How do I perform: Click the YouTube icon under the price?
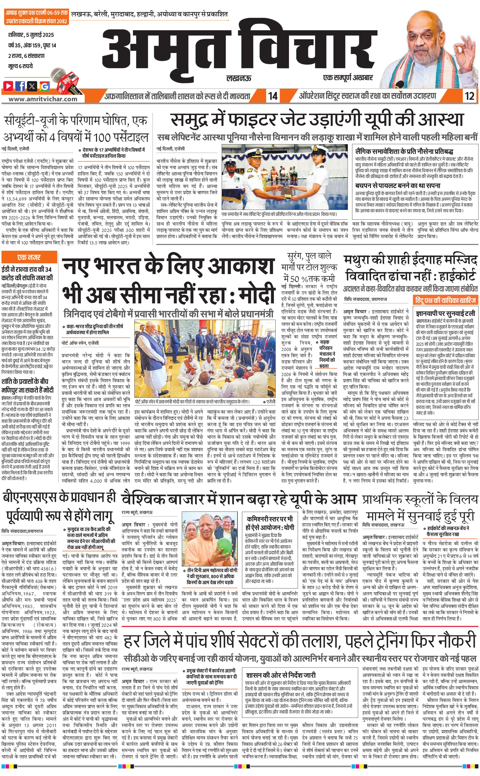coord(8,86)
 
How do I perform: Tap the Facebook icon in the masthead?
coord(20,86)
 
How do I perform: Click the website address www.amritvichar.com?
coord(43,99)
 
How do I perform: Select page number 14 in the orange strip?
coord(273,96)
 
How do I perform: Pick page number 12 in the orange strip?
coord(469,96)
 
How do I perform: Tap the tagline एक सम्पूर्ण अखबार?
coord(348,77)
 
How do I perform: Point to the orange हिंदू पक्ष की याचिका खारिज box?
coord(445,300)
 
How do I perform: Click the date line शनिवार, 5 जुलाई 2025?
coord(31,35)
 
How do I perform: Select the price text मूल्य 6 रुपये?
coord(21,66)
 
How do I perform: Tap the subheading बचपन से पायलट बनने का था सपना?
coord(398,185)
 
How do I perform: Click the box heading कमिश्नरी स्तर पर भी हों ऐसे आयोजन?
coord(270,523)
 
